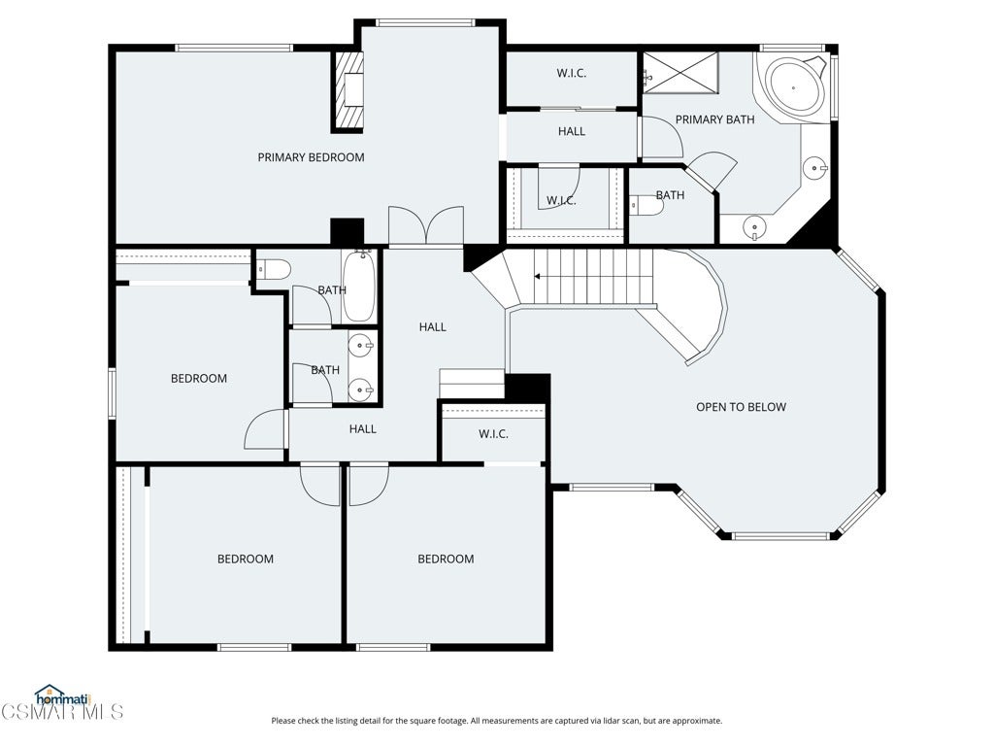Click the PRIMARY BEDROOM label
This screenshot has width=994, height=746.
point(311,157)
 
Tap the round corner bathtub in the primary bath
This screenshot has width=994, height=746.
point(794,86)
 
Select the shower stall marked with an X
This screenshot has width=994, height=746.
point(680,73)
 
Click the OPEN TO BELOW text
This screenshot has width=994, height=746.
point(741,407)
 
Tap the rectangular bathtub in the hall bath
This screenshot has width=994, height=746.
point(359,287)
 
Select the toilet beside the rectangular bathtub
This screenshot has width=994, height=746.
point(275,270)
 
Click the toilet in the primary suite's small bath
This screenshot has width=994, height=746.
point(646,205)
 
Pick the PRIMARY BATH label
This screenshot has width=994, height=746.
point(714,119)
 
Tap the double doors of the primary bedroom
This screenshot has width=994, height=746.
point(426,225)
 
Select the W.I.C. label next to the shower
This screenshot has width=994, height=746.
point(571,73)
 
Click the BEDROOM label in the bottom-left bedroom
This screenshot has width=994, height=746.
point(246,559)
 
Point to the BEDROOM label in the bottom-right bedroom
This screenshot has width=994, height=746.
point(446,559)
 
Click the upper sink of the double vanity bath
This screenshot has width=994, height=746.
point(360,347)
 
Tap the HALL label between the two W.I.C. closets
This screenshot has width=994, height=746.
point(571,131)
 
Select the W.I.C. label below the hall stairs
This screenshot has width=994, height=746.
point(493,434)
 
